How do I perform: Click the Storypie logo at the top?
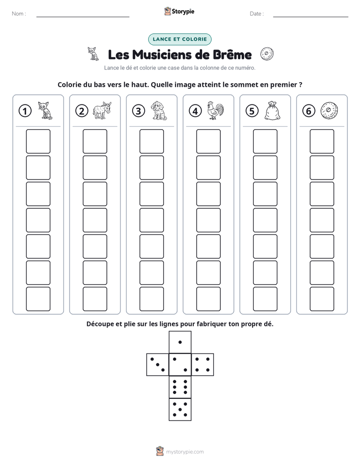(179, 11)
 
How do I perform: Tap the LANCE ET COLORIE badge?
(179, 39)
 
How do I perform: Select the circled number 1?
(25, 111)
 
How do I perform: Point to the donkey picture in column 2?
(102, 110)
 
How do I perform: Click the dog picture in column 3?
(159, 110)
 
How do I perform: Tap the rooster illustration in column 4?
(216, 110)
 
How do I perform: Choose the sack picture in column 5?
(272, 111)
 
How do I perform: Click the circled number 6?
(309, 111)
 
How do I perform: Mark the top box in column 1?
(38, 141)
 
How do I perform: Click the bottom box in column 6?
(322, 299)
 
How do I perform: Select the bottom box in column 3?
(152, 299)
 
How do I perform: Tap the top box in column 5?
(265, 141)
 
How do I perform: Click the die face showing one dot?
(180, 342)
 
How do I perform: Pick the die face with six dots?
(180, 387)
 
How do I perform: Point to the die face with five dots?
(180, 410)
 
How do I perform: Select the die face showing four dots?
(203, 365)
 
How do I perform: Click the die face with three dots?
(158, 365)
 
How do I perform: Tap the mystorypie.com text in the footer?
(185, 452)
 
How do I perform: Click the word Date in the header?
(256, 14)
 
